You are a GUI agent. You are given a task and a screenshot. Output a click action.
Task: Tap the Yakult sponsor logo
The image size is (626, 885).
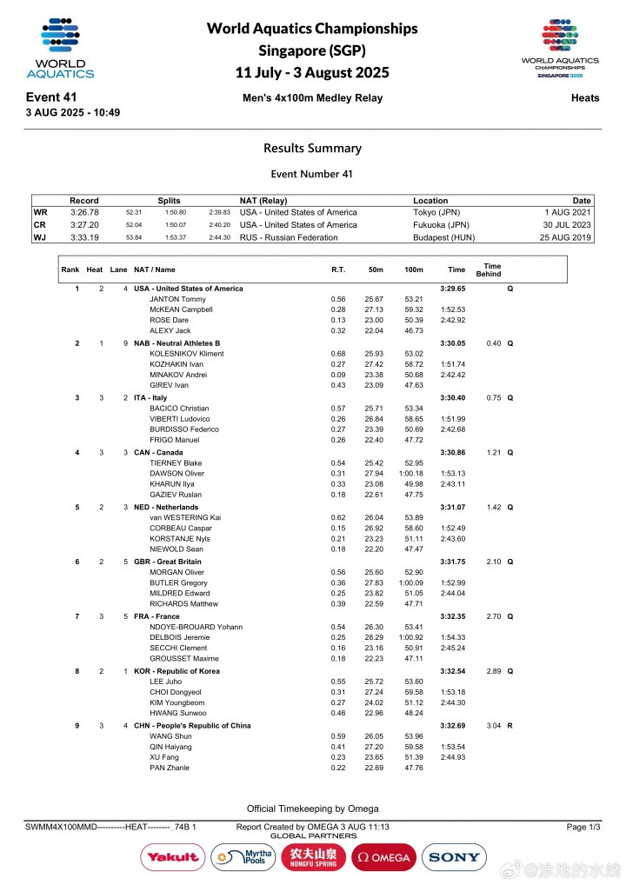point(171,857)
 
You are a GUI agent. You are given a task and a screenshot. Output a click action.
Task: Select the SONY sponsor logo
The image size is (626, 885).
point(454,857)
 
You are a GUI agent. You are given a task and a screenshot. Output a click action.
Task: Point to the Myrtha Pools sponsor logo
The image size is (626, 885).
point(243,857)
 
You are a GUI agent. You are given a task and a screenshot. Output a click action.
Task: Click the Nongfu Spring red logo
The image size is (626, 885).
point(313,857)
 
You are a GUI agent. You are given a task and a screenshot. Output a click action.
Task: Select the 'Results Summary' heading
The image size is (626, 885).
point(312,148)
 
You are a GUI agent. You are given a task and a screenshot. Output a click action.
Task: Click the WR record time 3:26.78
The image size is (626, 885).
point(84,212)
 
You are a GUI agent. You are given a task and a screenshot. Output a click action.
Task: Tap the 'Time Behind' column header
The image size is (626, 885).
point(492,269)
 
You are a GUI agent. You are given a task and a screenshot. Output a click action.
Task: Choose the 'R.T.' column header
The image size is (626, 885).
point(338,269)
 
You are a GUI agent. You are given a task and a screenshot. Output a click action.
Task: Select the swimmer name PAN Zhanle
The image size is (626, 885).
point(169,768)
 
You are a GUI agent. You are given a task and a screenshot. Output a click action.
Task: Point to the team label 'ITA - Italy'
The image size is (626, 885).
point(150,398)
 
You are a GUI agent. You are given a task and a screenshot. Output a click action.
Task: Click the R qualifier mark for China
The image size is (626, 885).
point(510,725)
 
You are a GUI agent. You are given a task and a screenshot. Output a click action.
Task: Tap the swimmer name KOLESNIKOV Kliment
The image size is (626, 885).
point(187,354)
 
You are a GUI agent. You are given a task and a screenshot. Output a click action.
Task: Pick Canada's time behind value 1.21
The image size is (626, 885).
point(493,453)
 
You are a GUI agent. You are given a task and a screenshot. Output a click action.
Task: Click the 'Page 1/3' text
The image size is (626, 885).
point(583,827)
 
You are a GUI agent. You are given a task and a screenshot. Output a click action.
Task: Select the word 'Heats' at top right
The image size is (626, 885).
point(584,98)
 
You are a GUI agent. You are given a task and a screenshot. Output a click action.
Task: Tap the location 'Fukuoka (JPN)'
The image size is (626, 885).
point(441,224)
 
